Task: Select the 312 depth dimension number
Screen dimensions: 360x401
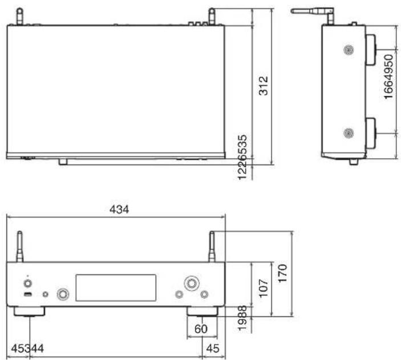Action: point(264,86)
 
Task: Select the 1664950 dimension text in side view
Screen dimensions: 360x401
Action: point(388,78)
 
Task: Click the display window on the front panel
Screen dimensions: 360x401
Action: point(116,288)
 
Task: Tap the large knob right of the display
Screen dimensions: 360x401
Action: point(191,283)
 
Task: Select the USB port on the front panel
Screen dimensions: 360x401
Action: point(27,294)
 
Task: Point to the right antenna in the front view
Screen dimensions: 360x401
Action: point(212,246)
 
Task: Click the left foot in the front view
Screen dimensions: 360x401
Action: point(29,312)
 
